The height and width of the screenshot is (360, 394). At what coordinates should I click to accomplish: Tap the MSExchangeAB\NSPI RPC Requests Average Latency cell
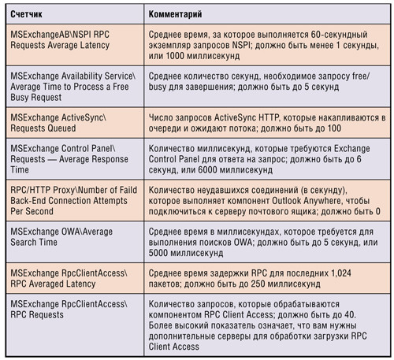[x=71, y=46]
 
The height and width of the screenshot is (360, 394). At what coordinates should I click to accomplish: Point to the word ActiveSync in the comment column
[x=232, y=117]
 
